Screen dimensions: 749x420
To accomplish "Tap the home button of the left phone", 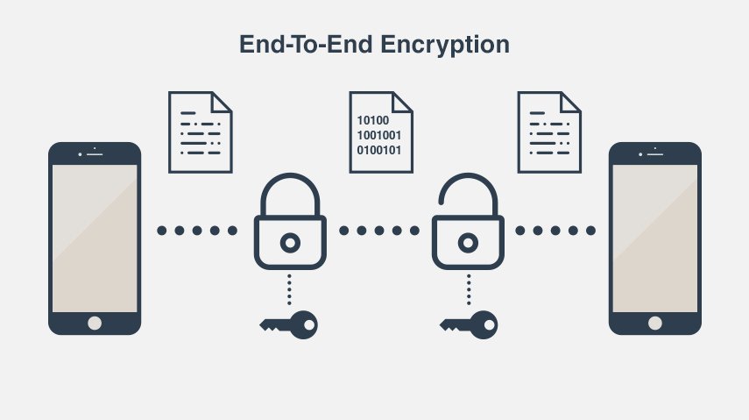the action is tap(95, 323).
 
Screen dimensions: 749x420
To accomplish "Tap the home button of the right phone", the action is tap(654, 323).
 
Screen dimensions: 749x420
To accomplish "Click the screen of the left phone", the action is tap(95, 237).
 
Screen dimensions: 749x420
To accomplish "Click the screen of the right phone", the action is tap(654, 237).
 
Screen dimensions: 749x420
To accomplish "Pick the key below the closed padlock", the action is tap(288, 324).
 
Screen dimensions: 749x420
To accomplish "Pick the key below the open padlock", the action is tap(468, 324).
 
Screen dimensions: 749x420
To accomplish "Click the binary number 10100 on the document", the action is tap(371, 120).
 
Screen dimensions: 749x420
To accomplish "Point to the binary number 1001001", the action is tap(378, 135).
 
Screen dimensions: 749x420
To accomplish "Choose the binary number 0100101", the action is tap(378, 150).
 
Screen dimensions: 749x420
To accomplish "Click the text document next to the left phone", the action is tap(200, 132).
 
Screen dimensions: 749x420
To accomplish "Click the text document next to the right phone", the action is tap(550, 132).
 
